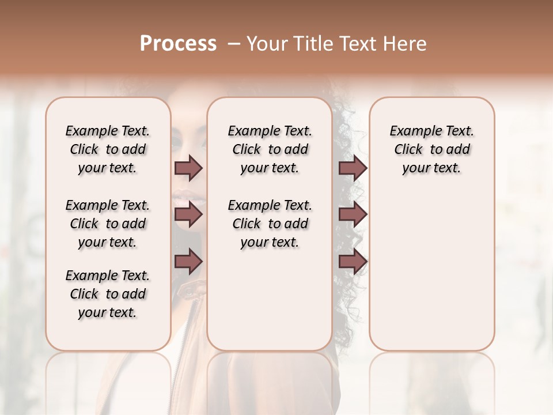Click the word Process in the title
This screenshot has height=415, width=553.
point(178,44)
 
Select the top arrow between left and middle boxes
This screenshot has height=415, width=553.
point(188,168)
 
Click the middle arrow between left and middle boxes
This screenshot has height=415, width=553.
point(188,214)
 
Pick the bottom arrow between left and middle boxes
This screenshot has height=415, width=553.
point(188,262)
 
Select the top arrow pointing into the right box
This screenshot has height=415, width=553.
point(353,168)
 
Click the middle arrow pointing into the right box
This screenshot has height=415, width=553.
point(353,214)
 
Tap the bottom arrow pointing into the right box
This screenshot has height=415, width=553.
point(353,262)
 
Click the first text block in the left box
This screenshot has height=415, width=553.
point(108,149)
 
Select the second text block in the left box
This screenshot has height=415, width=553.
point(108,224)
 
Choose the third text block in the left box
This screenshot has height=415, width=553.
point(108,294)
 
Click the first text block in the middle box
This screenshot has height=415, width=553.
point(270,149)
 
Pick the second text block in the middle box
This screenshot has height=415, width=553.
point(270,224)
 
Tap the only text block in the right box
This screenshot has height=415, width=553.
point(431,149)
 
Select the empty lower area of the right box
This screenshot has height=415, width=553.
point(431,265)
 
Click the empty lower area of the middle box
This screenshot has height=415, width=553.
point(270,300)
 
